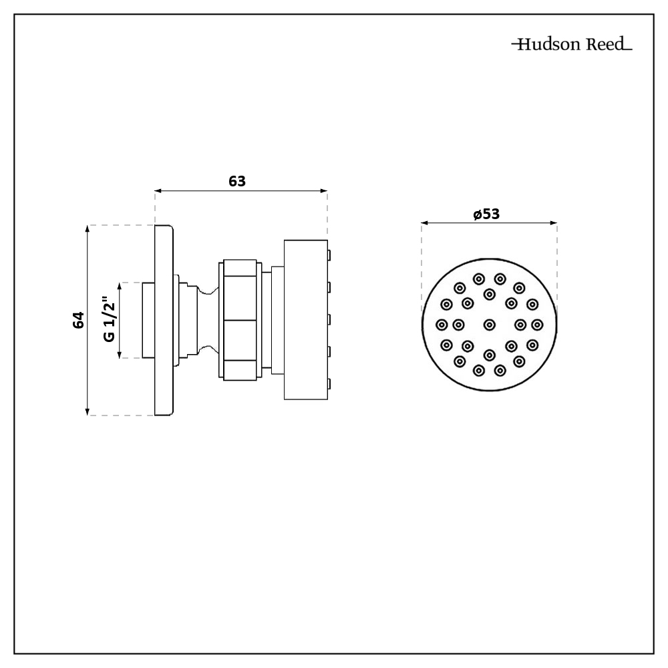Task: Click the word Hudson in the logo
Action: click(542, 45)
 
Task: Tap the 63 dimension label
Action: click(238, 181)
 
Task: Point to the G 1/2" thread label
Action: click(109, 321)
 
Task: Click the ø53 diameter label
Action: click(486, 214)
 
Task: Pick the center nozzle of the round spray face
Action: click(490, 325)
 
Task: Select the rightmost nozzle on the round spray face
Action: click(538, 325)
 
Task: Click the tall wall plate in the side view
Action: click(164, 320)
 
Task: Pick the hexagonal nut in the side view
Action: click(237, 320)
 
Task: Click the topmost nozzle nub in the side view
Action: click(329, 254)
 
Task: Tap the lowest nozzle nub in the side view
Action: click(329, 383)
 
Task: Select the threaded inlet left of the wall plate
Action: click(148, 321)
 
